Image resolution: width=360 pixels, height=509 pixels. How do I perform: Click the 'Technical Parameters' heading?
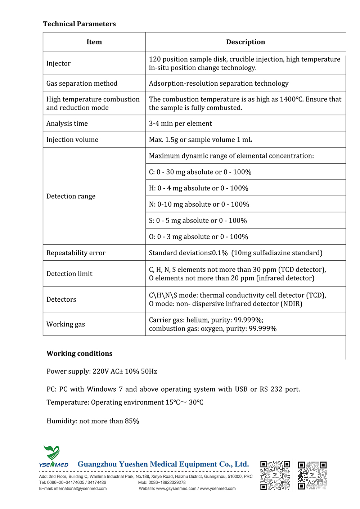(79, 24)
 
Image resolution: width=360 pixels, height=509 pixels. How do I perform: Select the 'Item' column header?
(94, 42)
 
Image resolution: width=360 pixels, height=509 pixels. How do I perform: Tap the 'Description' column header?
(245, 42)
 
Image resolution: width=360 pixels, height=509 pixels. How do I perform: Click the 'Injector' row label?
(58, 63)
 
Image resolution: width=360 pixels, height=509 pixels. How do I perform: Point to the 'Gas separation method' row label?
(82, 84)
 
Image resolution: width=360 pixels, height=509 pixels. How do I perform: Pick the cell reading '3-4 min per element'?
(180, 123)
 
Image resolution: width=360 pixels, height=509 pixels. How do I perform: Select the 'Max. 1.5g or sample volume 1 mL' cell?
(201, 140)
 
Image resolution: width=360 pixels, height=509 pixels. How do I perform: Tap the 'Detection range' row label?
(71, 196)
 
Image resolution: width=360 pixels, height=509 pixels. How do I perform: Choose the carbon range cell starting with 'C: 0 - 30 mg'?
(200, 172)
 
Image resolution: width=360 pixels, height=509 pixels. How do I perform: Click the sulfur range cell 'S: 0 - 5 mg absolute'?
(198, 221)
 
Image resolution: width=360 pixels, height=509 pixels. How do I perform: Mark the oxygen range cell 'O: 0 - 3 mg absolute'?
(198, 237)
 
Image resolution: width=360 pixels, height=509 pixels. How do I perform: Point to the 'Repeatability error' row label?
(76, 253)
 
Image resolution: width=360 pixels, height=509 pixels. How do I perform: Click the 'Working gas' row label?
(66, 324)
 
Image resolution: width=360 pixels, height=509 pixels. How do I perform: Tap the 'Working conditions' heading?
(79, 353)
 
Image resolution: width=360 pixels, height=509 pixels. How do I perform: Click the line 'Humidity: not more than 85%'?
(93, 421)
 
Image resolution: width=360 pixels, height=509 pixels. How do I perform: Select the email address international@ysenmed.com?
(80, 488)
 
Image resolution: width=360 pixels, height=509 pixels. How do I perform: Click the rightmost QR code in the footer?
(312, 476)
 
